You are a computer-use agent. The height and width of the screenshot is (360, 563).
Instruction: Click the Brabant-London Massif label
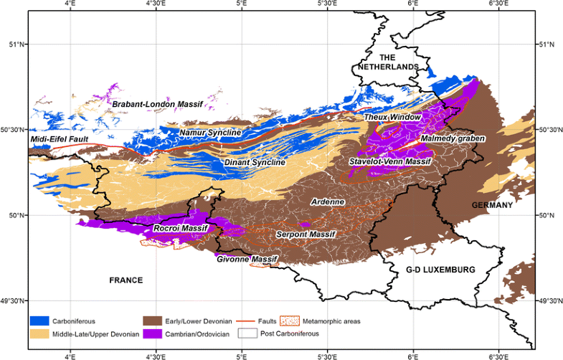(157, 104)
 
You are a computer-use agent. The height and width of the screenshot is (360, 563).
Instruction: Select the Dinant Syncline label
(255, 163)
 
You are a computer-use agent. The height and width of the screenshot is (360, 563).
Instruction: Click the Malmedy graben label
(453, 138)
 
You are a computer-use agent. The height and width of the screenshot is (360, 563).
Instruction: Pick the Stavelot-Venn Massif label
(389, 162)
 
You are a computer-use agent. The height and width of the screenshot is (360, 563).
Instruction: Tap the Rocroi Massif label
(181, 229)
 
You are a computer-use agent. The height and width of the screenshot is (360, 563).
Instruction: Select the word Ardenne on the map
(328, 202)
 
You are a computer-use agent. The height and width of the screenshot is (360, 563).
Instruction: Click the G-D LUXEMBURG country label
(440, 270)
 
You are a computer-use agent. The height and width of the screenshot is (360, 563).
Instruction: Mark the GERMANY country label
(493, 205)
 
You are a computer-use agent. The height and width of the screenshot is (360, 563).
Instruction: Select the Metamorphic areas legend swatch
(289, 321)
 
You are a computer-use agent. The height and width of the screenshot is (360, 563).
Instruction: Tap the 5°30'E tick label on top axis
(327, 5)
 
